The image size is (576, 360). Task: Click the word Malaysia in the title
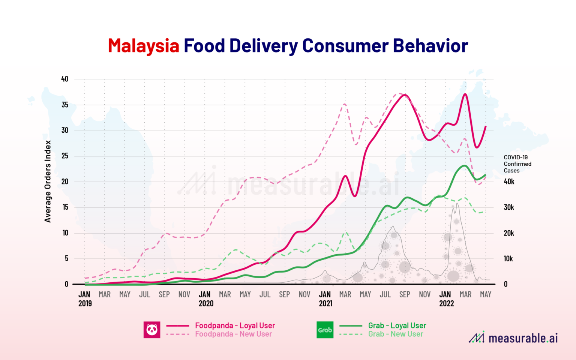pyautogui.click(x=144, y=46)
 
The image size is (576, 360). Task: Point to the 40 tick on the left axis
pyautogui.click(x=65, y=79)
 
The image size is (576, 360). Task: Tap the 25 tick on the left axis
pyautogui.click(x=65, y=156)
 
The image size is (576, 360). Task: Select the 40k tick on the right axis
pyautogui.click(x=509, y=181)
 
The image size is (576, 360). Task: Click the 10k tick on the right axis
pyautogui.click(x=508, y=259)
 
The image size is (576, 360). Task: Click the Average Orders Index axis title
pyautogui.click(x=48, y=181)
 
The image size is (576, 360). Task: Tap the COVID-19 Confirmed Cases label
pyautogui.click(x=517, y=164)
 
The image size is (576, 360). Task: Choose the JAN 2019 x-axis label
pyautogui.click(x=85, y=299)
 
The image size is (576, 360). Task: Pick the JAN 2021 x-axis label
pyautogui.click(x=325, y=299)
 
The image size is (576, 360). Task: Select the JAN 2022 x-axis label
pyautogui.click(x=446, y=299)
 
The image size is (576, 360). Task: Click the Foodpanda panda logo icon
pyautogui.click(x=152, y=330)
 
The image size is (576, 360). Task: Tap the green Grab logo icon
pyautogui.click(x=325, y=330)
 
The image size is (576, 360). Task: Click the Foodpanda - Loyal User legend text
pyautogui.click(x=235, y=325)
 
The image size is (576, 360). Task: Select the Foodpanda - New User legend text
pyautogui.click(x=233, y=334)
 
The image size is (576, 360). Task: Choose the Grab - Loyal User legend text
pyautogui.click(x=397, y=325)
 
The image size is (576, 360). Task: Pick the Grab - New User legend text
pyautogui.click(x=395, y=334)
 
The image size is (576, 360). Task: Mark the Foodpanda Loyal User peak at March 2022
pyautogui.click(x=465, y=94)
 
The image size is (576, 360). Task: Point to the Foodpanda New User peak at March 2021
pyautogui.click(x=345, y=104)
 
